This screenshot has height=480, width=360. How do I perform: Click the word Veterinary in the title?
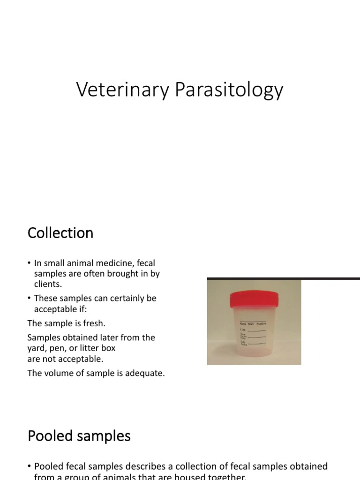123,90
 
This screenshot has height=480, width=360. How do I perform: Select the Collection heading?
60,233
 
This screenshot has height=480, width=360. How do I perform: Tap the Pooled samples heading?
79,436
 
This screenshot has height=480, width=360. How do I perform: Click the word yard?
37,348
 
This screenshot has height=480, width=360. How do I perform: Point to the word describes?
156,466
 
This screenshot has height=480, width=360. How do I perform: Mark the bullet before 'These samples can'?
29,299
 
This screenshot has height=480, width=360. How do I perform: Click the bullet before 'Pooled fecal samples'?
29,466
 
